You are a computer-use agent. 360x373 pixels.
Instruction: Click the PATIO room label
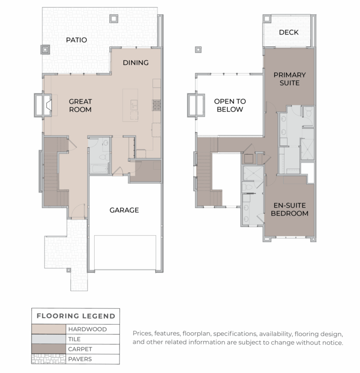(76, 40)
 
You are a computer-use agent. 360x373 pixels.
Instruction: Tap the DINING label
(135, 62)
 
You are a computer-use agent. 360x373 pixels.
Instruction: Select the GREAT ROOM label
(80, 105)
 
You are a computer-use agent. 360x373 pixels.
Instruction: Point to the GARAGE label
(124, 210)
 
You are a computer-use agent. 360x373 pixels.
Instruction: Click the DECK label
(288, 32)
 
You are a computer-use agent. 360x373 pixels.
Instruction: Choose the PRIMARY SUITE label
(289, 79)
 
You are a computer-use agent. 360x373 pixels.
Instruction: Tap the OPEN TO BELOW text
(230, 105)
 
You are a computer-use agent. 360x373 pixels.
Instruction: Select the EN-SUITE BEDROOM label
(291, 209)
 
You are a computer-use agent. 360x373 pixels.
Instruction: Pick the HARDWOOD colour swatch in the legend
(48, 329)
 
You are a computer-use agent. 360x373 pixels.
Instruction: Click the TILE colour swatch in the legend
(48, 339)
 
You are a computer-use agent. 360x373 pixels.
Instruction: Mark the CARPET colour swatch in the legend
(48, 349)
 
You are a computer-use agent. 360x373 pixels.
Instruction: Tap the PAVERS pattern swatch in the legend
(48, 359)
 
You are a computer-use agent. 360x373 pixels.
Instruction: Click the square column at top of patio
(114, 19)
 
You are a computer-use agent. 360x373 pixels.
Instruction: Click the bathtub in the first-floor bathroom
(99, 167)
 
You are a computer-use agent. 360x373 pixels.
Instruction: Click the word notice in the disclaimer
(331, 343)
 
